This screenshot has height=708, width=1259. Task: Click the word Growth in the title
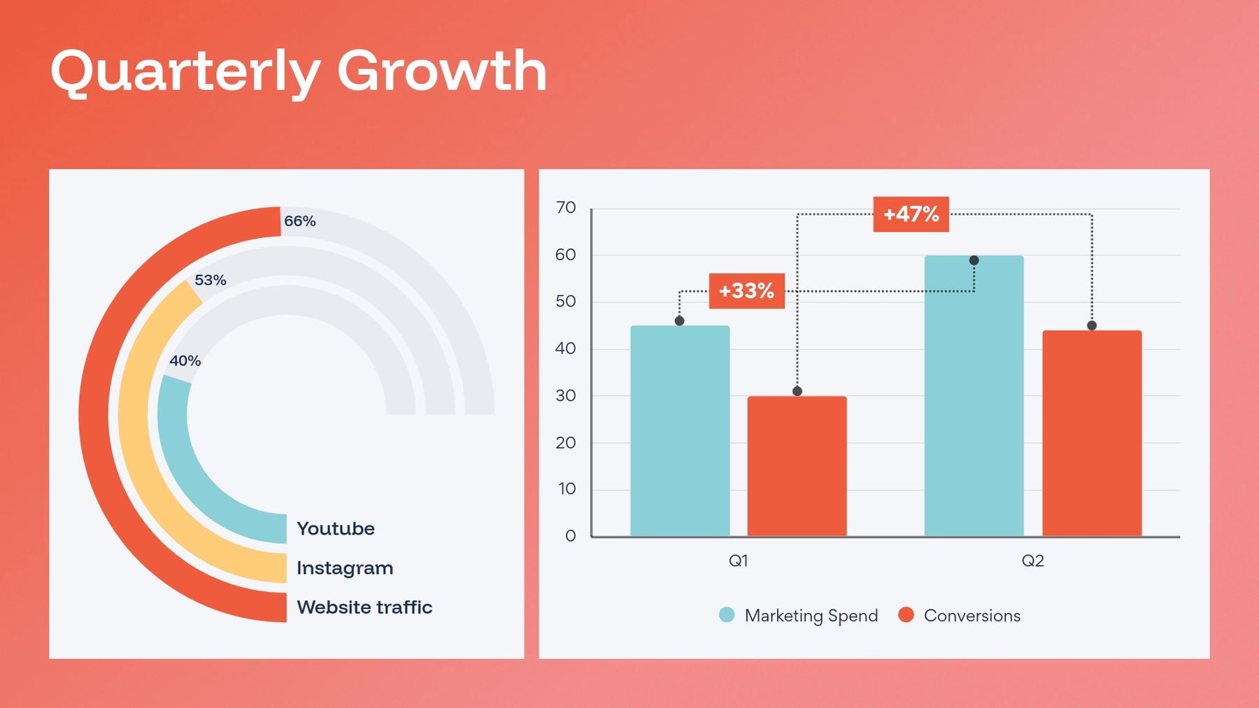click(441, 71)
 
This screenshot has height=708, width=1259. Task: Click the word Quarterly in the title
click(185, 72)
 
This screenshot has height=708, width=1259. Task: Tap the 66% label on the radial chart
click(299, 221)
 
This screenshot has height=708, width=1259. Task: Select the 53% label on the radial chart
click(210, 280)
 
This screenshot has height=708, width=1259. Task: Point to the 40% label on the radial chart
click(185, 360)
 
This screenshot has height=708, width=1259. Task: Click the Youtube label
click(335, 528)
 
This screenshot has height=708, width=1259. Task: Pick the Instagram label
click(344, 567)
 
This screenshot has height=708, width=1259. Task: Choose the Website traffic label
click(364, 607)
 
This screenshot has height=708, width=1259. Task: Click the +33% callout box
click(746, 290)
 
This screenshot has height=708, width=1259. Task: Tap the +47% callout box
click(911, 214)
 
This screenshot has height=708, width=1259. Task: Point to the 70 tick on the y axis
click(565, 208)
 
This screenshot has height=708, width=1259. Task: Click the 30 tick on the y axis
click(565, 395)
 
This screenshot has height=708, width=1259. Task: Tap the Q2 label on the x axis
click(1032, 560)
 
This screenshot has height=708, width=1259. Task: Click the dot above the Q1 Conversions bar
click(797, 391)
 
